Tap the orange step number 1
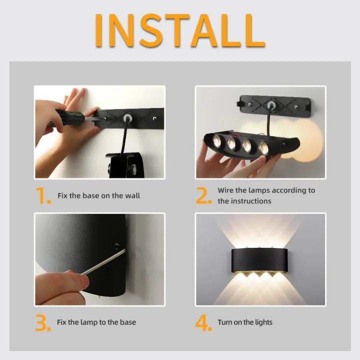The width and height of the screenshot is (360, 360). (43, 195)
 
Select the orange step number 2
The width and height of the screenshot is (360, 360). (203, 195)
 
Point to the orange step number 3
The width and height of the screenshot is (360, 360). (43, 322)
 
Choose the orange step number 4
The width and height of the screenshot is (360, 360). (203, 322)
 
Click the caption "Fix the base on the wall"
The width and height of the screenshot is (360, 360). (98, 195)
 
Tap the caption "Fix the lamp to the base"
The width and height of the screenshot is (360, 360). (96, 322)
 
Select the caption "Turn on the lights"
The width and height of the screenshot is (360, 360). (245, 322)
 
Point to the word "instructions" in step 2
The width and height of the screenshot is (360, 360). (251, 201)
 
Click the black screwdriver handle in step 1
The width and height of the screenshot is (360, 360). (70, 118)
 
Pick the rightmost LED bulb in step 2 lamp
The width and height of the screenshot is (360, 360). (263, 147)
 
